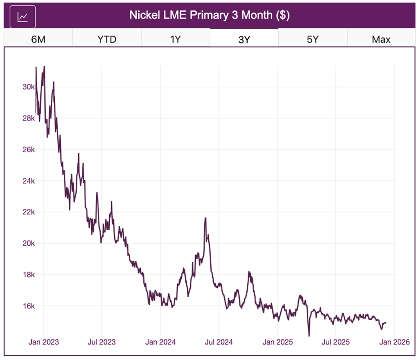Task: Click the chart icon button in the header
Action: coord(23,16)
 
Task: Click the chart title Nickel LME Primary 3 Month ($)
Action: coord(209,15)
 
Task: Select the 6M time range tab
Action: coord(38,39)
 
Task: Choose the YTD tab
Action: coord(106,39)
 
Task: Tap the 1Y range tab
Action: coord(175,39)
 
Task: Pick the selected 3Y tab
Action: coord(244,39)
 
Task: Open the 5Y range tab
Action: coord(313,39)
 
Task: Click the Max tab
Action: coord(381,39)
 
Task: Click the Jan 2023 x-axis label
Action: coord(44,342)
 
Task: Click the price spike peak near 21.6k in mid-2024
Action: coord(205,218)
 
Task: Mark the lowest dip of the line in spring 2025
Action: coord(309,335)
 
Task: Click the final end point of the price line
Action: coord(386,323)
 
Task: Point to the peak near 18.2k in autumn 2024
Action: coord(249,272)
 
